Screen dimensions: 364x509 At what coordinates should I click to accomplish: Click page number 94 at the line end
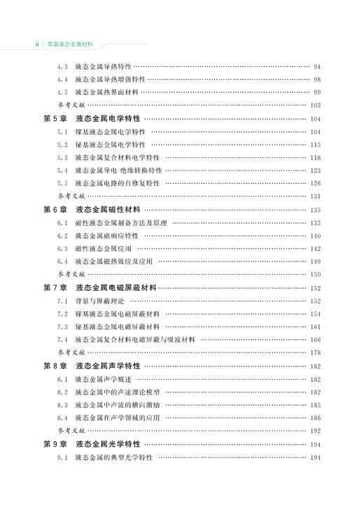(x=317, y=66)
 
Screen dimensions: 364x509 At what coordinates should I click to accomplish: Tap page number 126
(x=315, y=183)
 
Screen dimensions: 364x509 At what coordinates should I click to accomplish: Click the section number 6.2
(x=62, y=236)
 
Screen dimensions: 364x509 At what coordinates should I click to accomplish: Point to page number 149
(x=315, y=261)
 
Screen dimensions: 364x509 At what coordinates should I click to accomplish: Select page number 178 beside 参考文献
(x=315, y=353)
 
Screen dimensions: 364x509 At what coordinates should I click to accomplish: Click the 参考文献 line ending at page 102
(x=71, y=105)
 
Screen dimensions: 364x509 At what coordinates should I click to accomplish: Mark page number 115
(x=315, y=145)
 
